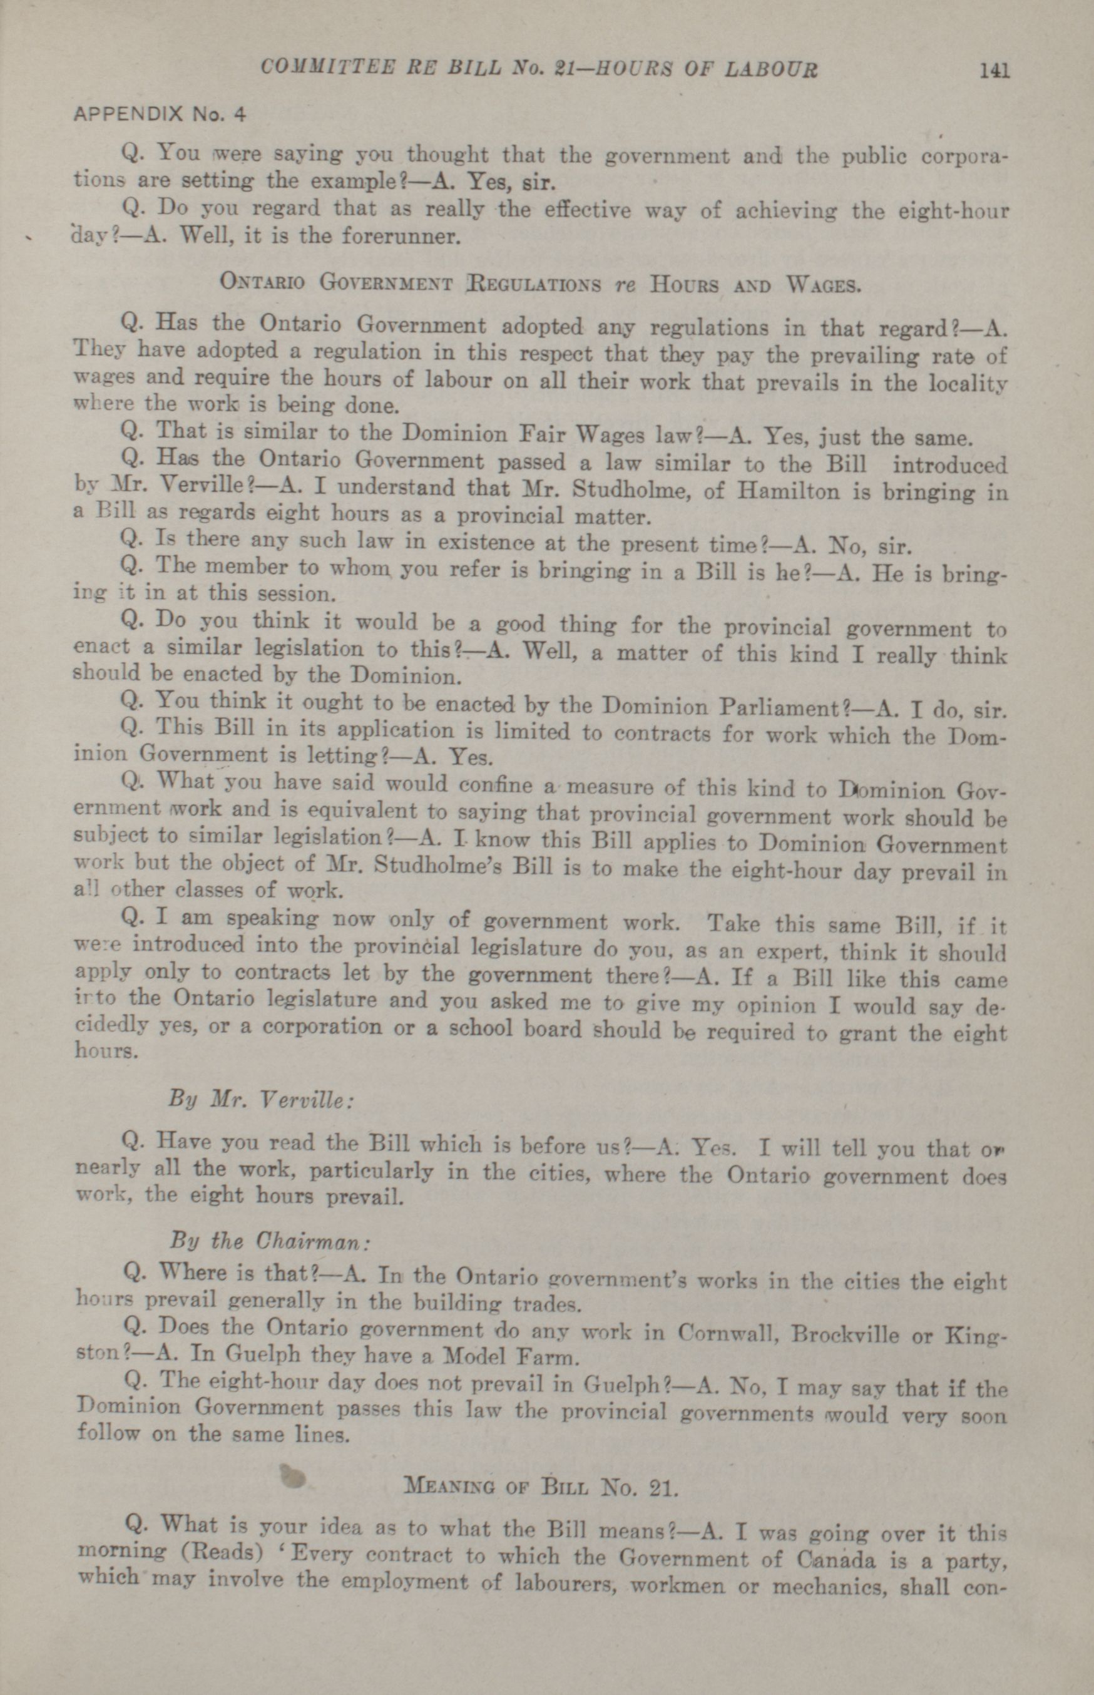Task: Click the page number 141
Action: [x=994, y=70]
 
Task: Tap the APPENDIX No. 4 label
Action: [x=159, y=114]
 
